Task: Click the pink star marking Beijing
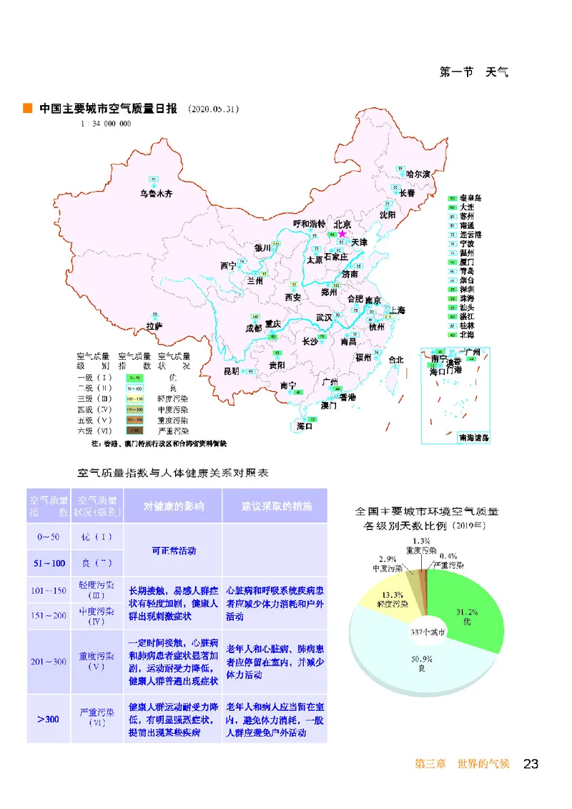[342, 233]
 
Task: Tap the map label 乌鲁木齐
[156, 194]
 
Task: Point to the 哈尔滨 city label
[418, 174]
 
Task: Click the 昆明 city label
[232, 371]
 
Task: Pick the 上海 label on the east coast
[397, 310]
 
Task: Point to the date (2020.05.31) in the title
[213, 109]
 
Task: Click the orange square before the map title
[28, 109]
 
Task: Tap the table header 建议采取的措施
[276, 506]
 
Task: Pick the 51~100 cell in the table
[49, 563]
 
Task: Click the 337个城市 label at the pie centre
[427, 632]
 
